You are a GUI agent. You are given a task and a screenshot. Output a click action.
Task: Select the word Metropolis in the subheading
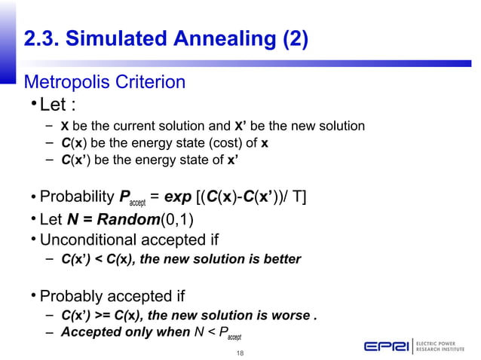(x=66, y=81)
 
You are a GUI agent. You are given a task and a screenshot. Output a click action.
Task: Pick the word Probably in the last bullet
(x=72, y=294)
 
